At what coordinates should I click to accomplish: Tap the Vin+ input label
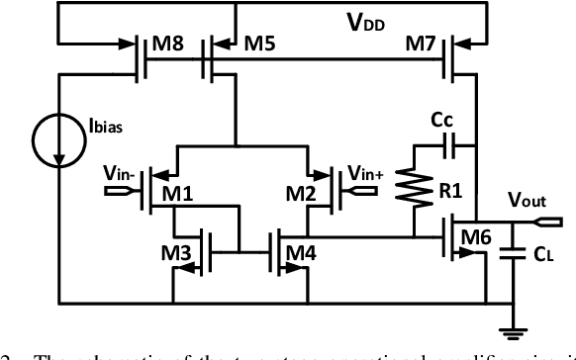(366, 174)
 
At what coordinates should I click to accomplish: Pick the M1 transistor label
(179, 195)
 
